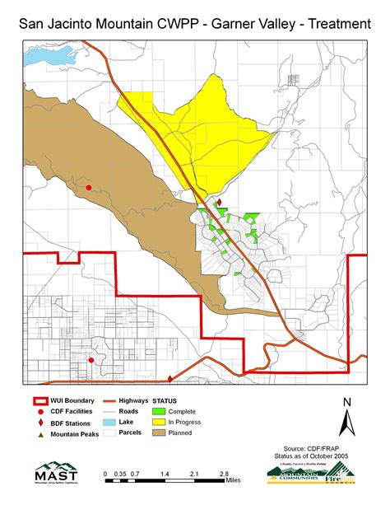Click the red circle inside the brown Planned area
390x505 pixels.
[x=89, y=188]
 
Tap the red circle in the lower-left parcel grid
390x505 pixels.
[x=91, y=360]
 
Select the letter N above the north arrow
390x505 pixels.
[x=347, y=401]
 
